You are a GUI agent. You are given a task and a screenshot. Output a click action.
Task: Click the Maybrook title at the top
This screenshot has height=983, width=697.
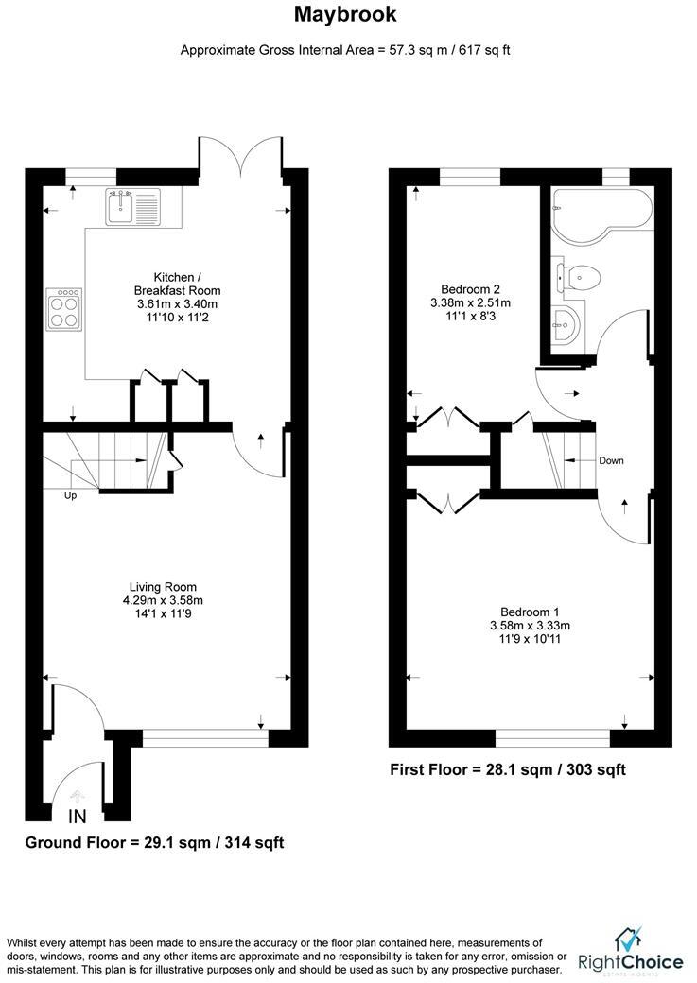click(345, 14)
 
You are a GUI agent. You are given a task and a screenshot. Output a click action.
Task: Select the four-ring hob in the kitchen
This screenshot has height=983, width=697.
click(64, 308)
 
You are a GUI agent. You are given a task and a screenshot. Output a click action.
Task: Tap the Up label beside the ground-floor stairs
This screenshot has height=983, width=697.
click(71, 495)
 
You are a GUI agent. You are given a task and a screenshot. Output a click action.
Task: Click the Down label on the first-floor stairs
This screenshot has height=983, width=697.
click(611, 461)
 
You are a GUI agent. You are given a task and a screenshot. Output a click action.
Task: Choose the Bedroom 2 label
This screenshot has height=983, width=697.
click(470, 289)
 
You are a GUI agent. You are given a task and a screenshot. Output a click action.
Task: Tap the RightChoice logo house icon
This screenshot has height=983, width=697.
click(628, 940)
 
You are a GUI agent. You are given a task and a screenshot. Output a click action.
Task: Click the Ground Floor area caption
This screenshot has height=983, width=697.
click(154, 842)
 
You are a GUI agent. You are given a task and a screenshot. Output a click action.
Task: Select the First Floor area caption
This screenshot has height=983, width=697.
click(508, 770)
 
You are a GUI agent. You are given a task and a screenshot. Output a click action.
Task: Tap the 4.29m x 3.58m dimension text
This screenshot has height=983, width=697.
click(164, 600)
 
